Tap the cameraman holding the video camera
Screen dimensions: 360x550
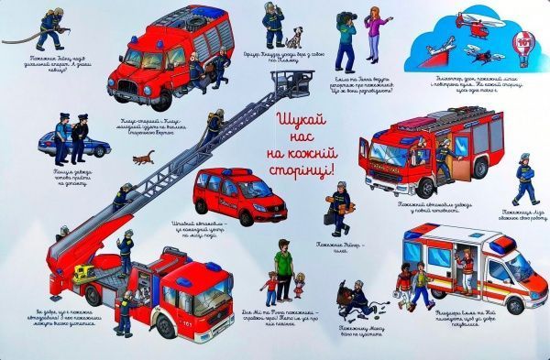click(347, 34)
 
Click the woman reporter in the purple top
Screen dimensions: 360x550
click(374, 27)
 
